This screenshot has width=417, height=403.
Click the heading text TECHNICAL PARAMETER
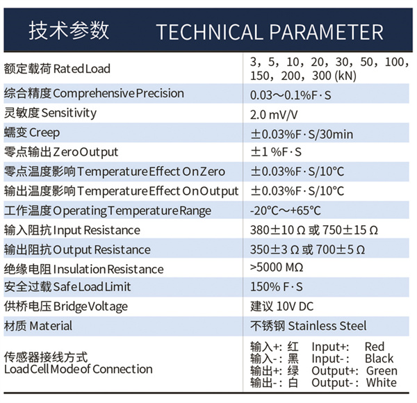(x=270, y=32)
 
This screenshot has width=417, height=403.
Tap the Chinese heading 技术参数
(x=69, y=31)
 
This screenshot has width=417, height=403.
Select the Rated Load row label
(x=57, y=69)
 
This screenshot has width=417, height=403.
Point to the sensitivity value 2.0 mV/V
(x=274, y=115)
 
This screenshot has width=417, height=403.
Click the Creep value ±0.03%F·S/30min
(x=302, y=134)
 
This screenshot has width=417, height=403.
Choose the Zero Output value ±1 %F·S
(x=276, y=152)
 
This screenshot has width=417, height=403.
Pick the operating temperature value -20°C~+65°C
(x=286, y=211)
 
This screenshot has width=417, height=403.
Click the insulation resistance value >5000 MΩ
(x=277, y=268)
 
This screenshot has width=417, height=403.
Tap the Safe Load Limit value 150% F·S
(x=277, y=287)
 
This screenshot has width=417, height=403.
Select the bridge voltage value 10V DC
(x=295, y=306)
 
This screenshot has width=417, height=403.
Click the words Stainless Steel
(x=327, y=326)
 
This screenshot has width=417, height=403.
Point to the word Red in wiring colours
(x=375, y=347)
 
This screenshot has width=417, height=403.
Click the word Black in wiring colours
(x=379, y=359)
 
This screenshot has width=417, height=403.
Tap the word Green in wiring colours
(x=382, y=370)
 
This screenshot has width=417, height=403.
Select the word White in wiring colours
(x=382, y=383)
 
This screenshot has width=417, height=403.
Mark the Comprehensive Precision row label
(x=94, y=93)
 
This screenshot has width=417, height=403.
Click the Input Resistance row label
(x=72, y=230)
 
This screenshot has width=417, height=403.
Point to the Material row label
(x=38, y=326)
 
